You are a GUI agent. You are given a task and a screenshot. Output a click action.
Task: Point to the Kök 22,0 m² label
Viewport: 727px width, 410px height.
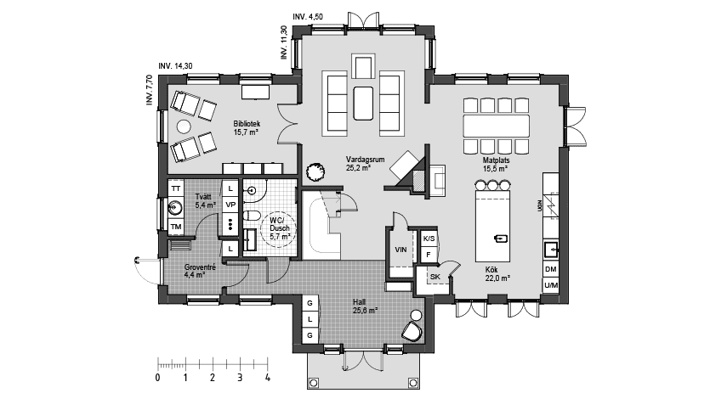[497, 273]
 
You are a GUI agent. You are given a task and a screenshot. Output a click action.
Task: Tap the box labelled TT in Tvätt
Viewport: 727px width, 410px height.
[176, 188]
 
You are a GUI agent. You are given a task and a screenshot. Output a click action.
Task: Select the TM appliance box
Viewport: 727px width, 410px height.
[176, 227]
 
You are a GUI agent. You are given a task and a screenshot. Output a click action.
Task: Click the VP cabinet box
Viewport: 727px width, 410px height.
[230, 205]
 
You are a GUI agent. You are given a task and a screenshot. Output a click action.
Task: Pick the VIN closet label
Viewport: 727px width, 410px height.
[401, 250]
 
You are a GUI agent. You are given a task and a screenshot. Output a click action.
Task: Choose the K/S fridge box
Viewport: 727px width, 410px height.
[429, 239]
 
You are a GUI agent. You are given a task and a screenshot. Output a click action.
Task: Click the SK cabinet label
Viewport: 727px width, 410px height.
[434, 278]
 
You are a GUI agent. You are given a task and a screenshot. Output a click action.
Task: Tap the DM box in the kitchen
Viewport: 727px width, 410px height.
[550, 269]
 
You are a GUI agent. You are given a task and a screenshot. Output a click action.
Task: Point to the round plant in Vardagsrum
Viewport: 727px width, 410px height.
[315, 171]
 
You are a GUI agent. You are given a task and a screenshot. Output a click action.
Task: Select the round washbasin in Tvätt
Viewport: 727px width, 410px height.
[175, 206]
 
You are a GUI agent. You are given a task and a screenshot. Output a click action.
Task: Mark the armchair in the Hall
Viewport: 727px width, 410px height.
[413, 330]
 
